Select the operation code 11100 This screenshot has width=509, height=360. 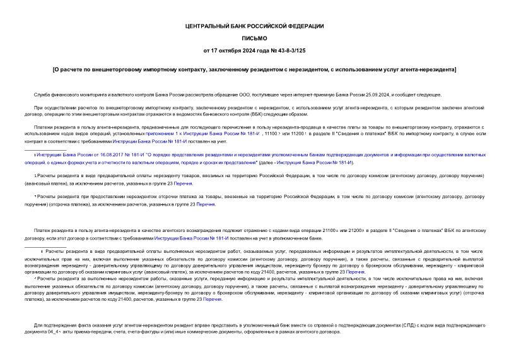click(271, 134)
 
